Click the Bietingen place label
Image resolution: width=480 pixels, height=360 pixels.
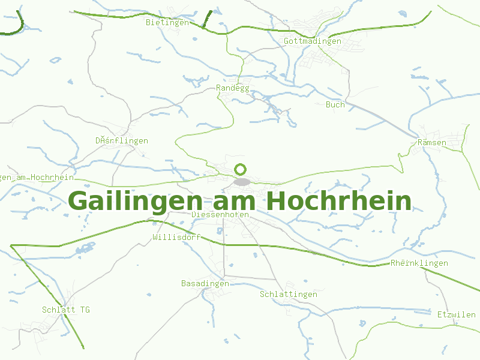(x=167, y=23)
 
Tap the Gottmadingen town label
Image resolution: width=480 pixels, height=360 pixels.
(x=313, y=41)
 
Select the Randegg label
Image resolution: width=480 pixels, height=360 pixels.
(x=232, y=88)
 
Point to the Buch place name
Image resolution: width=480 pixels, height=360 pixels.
(x=335, y=104)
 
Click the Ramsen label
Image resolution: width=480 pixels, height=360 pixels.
(x=432, y=143)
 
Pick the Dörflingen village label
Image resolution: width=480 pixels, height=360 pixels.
(x=122, y=141)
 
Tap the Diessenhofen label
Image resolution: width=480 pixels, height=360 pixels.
(x=220, y=214)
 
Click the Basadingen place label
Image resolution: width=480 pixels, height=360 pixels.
(x=205, y=283)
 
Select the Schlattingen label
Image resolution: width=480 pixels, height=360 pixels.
(x=289, y=295)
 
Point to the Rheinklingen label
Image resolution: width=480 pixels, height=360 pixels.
(x=419, y=263)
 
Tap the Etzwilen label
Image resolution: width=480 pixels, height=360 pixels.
(x=457, y=314)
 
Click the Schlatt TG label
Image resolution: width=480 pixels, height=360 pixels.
(x=66, y=310)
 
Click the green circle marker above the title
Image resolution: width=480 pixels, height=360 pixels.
(x=241, y=169)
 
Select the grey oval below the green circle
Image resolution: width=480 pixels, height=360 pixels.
(x=242, y=181)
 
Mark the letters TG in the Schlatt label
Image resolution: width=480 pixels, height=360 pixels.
(x=85, y=310)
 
